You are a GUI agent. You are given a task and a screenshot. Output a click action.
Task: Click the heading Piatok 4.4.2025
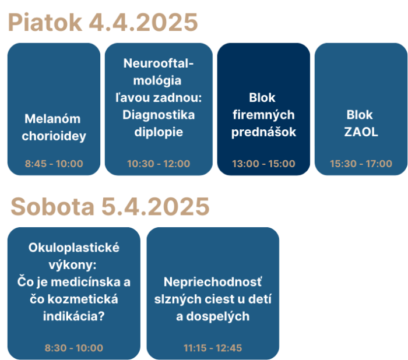click(x=103, y=22)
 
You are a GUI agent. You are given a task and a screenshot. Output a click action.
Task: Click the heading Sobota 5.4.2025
click(x=110, y=207)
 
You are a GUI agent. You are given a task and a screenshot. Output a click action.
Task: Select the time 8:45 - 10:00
click(x=54, y=164)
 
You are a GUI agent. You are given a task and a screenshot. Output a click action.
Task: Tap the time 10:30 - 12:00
click(x=159, y=164)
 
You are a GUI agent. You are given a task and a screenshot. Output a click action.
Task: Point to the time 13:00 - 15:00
click(x=263, y=164)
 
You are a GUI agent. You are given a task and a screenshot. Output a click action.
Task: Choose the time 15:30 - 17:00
click(x=361, y=164)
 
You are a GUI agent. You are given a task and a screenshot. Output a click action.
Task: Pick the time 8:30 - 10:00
click(x=74, y=348)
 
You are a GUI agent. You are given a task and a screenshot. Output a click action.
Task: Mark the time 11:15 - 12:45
click(x=213, y=348)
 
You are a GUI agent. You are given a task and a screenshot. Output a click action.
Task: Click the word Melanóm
click(x=52, y=119)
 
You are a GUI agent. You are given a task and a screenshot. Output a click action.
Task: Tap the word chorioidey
click(x=54, y=136)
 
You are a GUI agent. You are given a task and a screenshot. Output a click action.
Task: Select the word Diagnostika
click(x=159, y=115)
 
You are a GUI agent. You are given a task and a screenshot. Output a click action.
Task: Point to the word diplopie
click(x=159, y=132)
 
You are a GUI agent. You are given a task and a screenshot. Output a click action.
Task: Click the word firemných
click(x=263, y=115)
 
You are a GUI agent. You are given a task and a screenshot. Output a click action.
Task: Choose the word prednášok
click(x=263, y=132)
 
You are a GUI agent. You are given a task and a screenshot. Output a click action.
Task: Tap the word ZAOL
click(x=361, y=132)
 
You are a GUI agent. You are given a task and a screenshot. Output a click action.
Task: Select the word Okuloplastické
click(x=74, y=248)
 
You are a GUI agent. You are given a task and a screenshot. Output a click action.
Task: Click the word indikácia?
click(x=74, y=316)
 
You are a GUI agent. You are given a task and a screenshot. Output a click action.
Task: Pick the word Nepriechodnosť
click(x=213, y=282)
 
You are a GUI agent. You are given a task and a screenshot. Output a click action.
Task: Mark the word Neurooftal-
click(x=159, y=63)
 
